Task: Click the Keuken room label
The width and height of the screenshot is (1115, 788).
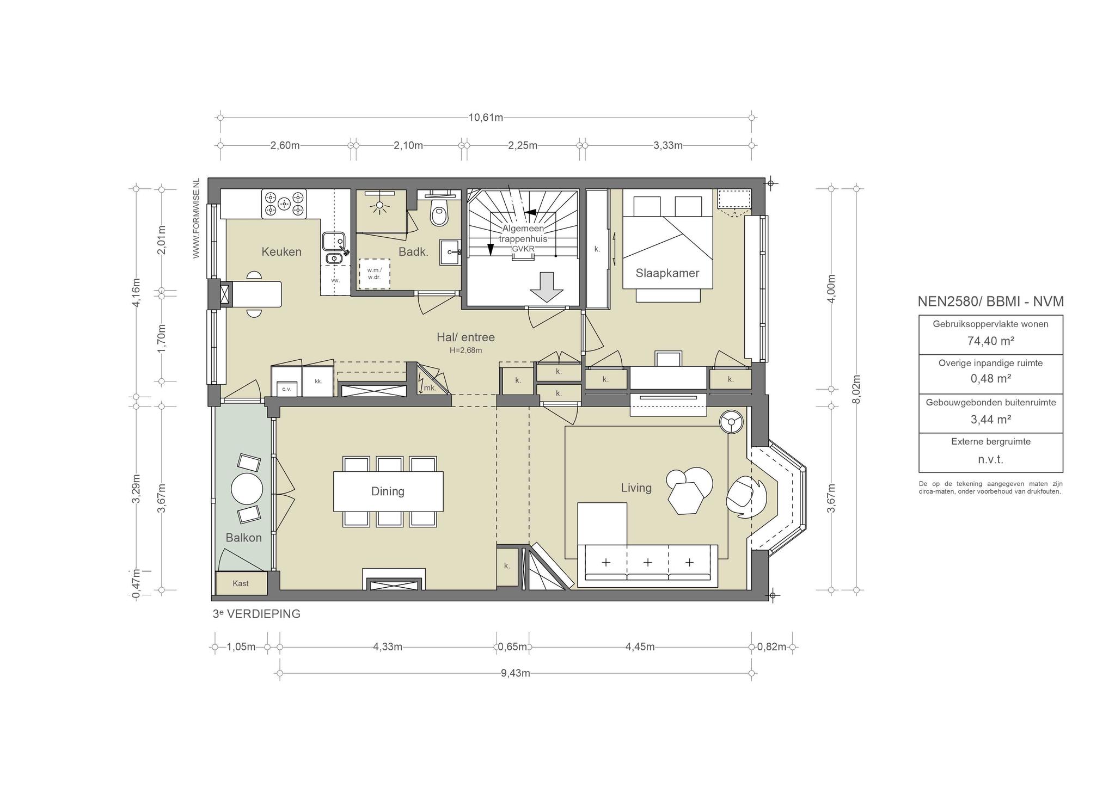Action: pos(281,251)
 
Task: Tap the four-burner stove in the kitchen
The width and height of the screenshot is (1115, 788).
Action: pos(284,204)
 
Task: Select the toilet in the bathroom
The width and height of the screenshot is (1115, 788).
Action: pos(439,213)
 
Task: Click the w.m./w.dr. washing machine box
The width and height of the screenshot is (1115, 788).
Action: pos(374,273)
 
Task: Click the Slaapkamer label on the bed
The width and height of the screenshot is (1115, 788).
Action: pos(667,273)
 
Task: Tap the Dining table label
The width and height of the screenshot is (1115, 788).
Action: pos(388,491)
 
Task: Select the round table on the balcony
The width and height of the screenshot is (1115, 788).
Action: pos(247,489)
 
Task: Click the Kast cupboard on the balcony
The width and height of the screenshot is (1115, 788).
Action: pos(241,583)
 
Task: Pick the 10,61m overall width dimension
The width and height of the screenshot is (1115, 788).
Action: pos(486,118)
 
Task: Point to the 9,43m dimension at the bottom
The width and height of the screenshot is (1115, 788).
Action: pos(516,673)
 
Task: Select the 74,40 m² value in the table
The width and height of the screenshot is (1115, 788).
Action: pos(990,341)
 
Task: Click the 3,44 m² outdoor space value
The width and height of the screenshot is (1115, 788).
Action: pos(990,420)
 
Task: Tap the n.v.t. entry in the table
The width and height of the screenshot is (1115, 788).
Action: pos(990,459)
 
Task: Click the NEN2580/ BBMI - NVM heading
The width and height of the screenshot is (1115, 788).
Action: pos(990,301)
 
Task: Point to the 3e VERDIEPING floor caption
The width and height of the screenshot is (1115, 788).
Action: pos(256,614)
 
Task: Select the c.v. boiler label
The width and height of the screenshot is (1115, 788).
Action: pos(286,389)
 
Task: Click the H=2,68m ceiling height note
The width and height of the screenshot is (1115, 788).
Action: pos(465,350)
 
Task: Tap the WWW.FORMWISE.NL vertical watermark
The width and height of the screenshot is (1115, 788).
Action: pos(197,218)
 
